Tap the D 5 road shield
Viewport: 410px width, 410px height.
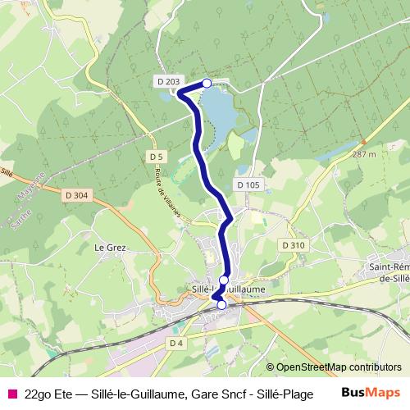tap(157, 156)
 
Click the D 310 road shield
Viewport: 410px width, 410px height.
tap(293, 245)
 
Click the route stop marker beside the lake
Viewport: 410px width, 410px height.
tap(207, 83)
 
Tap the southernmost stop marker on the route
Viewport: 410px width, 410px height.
tap(221, 305)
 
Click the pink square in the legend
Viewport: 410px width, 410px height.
tap(11, 393)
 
